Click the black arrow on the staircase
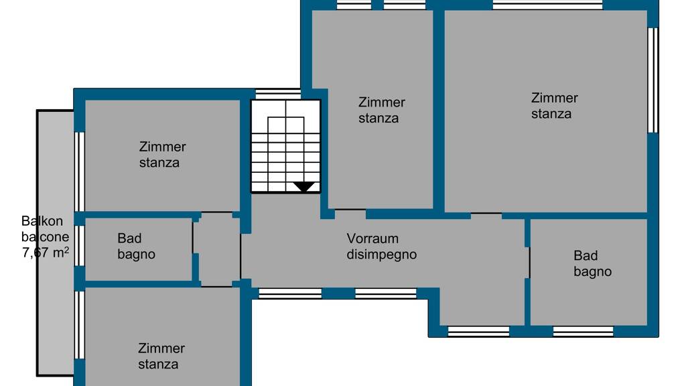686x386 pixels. click(304, 187)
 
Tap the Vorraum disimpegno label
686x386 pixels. click(381, 247)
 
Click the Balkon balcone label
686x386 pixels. click(44, 229)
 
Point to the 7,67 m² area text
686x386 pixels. click(46, 253)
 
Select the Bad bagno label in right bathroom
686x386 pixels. click(592, 263)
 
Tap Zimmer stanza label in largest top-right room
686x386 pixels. click(553, 106)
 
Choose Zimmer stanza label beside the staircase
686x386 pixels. click(381, 111)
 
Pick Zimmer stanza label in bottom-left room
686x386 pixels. click(161, 357)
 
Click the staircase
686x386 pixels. click(286, 146)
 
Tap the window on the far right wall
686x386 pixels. click(653, 80)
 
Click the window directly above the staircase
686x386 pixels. click(278, 94)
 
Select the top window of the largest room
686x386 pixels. click(547, 5)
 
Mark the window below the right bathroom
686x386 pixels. click(583, 331)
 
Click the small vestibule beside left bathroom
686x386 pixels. click(217, 249)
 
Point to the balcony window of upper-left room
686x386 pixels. click(79, 172)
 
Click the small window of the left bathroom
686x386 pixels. click(79, 246)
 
